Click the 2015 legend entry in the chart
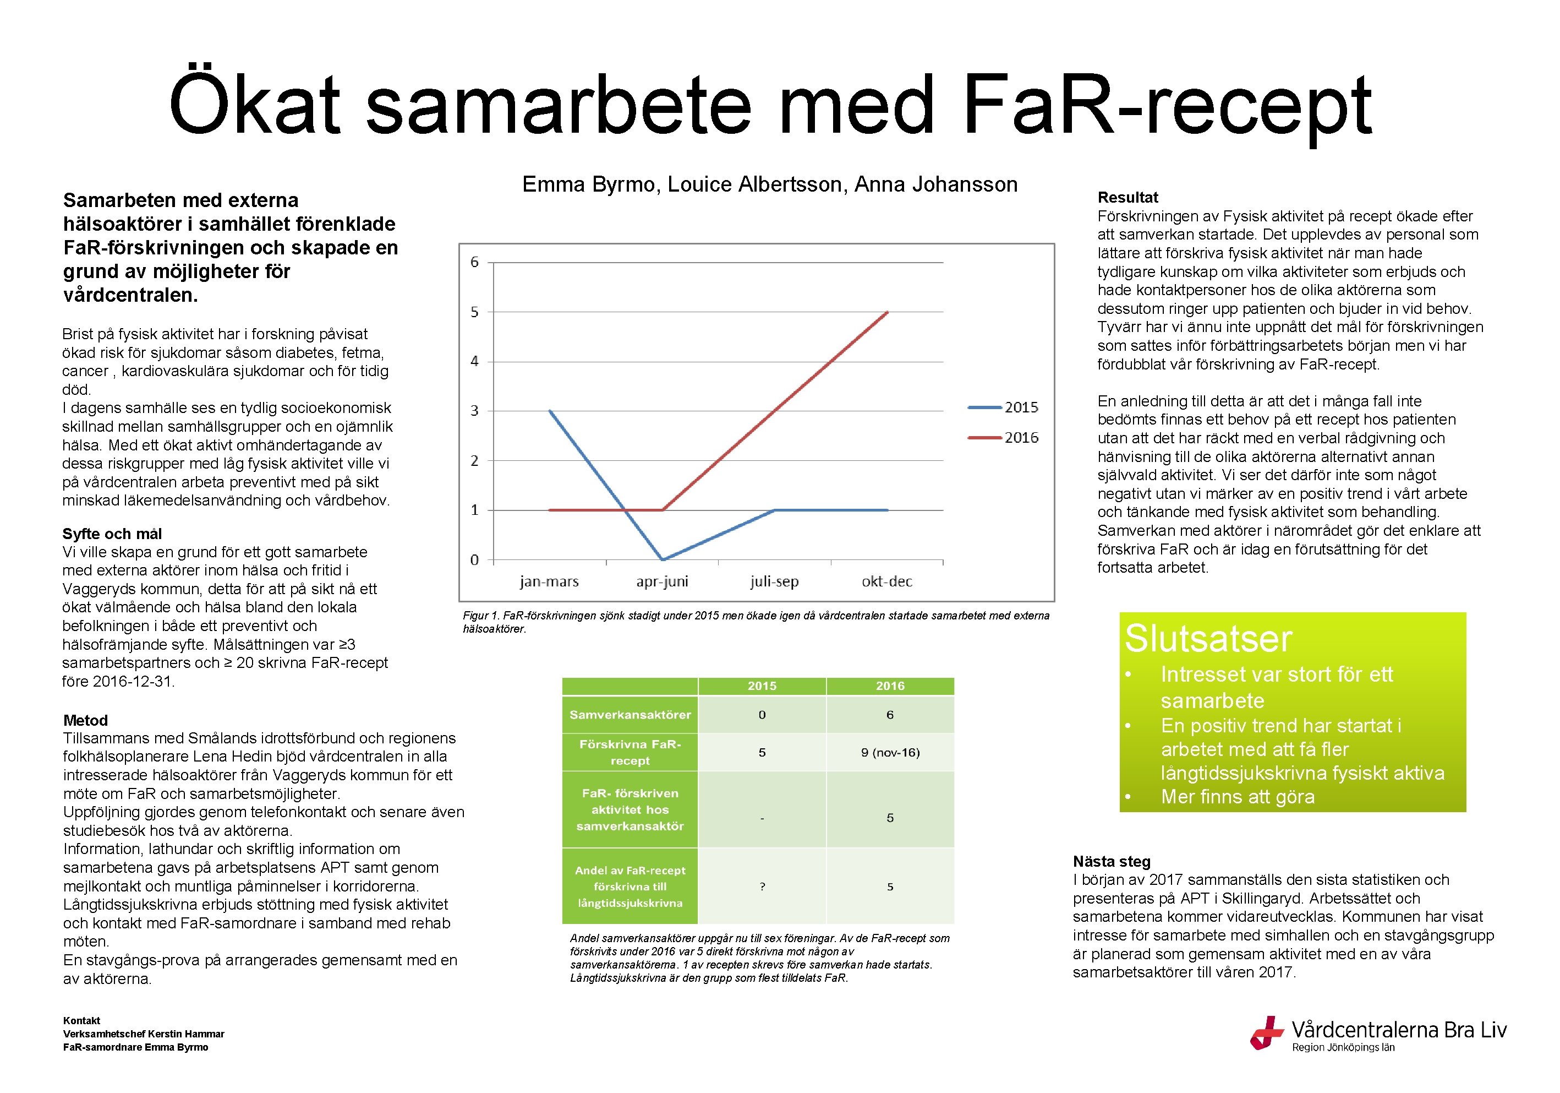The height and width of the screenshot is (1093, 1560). point(1003,407)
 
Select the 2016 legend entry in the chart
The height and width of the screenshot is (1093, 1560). point(1003,437)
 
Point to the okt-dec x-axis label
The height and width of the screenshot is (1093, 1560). point(886,581)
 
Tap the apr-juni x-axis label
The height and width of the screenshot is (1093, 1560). point(662,581)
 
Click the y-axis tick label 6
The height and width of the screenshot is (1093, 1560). point(474,262)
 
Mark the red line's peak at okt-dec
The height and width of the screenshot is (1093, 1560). point(888,312)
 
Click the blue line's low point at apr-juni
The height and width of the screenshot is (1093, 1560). point(663,559)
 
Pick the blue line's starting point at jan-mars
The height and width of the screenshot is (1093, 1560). point(549,411)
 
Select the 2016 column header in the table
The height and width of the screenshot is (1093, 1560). point(890,686)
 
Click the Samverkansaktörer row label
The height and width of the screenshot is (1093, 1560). point(630,714)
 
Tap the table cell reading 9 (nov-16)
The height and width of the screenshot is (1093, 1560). point(890,753)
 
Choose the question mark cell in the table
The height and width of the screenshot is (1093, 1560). point(762,887)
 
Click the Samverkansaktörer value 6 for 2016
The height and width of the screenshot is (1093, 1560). point(890,714)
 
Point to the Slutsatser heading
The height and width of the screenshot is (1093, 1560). point(1208,638)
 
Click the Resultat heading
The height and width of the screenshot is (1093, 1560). point(1128,197)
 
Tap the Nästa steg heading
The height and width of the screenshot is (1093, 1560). point(1112,861)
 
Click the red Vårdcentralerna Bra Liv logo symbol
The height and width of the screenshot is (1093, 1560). point(1266,1032)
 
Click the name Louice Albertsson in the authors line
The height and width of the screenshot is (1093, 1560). point(755,184)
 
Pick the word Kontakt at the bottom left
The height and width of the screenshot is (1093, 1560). point(81,1020)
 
